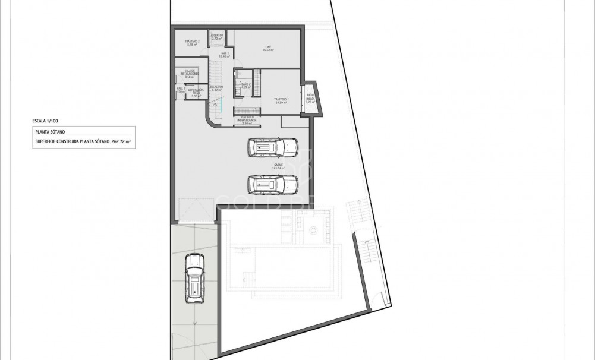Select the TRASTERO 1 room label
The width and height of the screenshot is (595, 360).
(x=281, y=100)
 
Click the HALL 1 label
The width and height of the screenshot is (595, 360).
(x=225, y=55)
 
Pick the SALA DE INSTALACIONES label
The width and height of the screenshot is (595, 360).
(x=190, y=74)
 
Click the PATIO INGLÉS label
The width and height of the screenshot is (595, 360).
(x=310, y=98)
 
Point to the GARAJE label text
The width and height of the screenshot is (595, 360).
(x=278, y=167)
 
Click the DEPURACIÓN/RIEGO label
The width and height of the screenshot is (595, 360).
(x=197, y=91)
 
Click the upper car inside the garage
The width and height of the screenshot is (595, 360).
(x=272, y=147)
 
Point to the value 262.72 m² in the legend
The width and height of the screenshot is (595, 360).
(x=122, y=143)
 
